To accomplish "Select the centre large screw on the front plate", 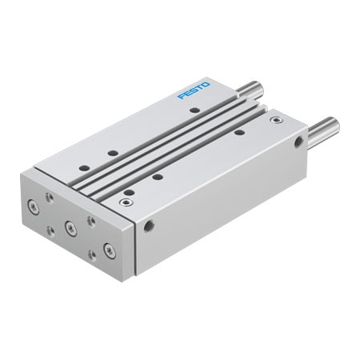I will pyautogui.click(x=70, y=228).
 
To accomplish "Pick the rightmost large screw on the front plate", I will pyautogui.click(x=110, y=250).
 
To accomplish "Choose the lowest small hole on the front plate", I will pyautogui.click(x=92, y=255).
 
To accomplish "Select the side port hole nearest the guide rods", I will pyautogui.click(x=298, y=142).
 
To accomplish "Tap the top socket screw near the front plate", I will pyautogui.click(x=124, y=202).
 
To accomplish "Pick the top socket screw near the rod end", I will pyautogui.click(x=276, y=120).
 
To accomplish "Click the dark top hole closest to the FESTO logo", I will pyautogui.click(x=194, y=110).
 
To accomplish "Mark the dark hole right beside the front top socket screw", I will pyautogui.click(x=129, y=193).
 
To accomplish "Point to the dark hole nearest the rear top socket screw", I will pyautogui.click(x=238, y=131).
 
